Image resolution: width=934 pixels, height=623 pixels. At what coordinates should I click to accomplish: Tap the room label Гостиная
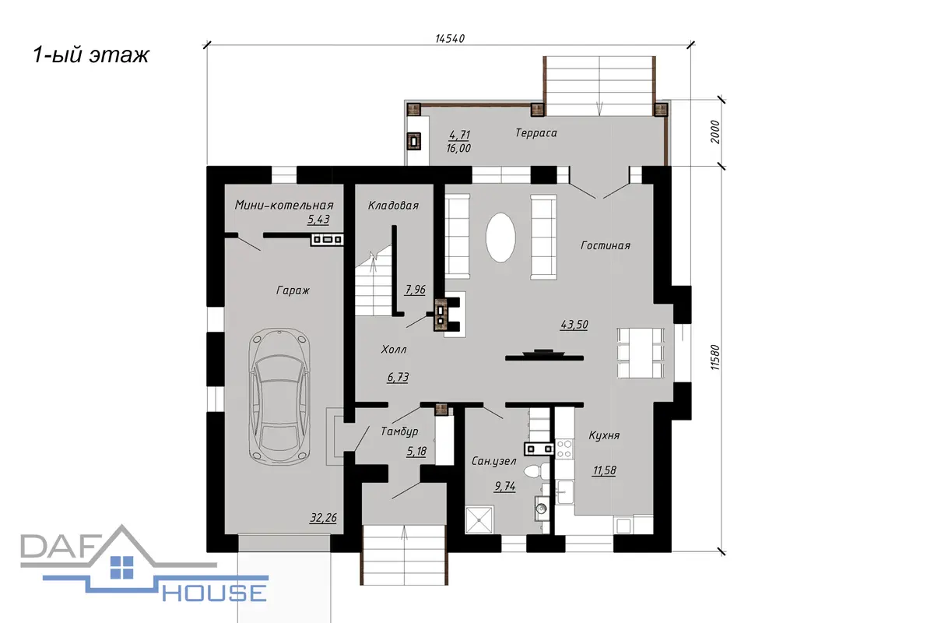[605, 245]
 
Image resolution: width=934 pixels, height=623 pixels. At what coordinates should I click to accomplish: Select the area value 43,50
[574, 325]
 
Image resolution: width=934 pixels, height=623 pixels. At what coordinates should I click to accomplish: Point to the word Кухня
[604, 435]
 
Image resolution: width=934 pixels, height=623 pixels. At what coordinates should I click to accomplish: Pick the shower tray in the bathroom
[479, 520]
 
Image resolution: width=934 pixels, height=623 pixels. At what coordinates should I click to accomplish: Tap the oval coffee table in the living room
[500, 238]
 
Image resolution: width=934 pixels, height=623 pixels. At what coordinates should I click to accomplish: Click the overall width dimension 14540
[450, 38]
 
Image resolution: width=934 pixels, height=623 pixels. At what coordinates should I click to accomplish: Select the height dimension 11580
[715, 357]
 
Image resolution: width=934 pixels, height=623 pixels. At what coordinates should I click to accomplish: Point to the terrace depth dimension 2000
[715, 132]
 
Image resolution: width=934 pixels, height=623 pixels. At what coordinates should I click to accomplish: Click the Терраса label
[535, 133]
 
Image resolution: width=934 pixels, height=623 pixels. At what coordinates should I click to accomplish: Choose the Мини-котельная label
[284, 205]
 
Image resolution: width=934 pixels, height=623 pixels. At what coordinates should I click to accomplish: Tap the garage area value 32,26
[323, 518]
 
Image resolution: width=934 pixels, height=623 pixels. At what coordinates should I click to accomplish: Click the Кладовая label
[393, 206]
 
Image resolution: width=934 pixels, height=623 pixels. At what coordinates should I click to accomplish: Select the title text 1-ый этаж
[91, 55]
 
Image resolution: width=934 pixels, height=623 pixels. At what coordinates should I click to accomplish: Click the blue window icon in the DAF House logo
[121, 568]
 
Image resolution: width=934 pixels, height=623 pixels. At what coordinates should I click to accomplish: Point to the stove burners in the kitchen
[564, 449]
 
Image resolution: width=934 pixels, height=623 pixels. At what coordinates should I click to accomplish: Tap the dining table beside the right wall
[641, 353]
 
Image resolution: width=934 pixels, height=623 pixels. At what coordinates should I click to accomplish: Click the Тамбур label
[399, 431]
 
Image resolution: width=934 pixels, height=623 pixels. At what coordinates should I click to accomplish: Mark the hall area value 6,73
[398, 377]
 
